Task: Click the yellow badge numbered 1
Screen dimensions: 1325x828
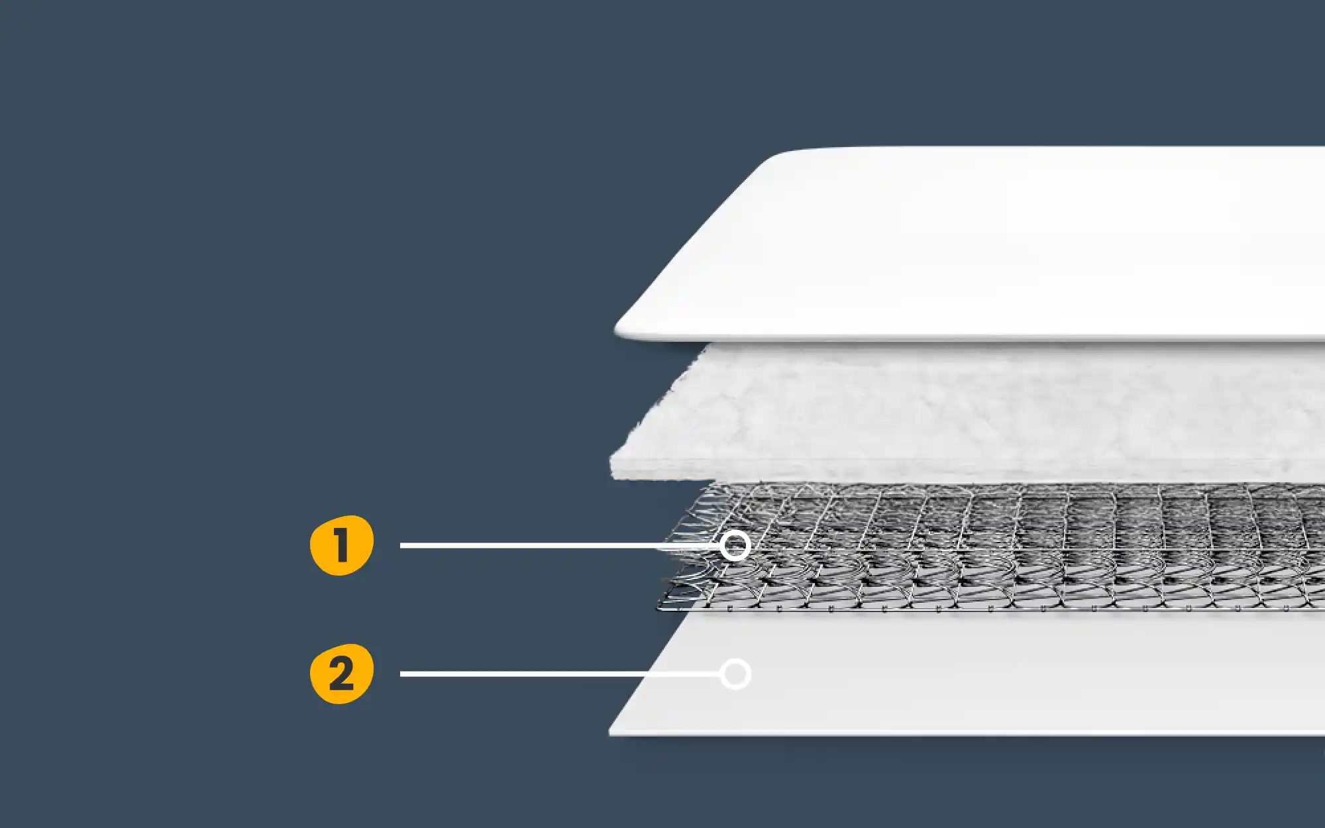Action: click(x=342, y=545)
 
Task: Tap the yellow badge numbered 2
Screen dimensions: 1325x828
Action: click(x=342, y=674)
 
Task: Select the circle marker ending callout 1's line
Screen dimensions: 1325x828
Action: click(x=735, y=546)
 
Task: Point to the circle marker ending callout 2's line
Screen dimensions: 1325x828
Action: click(x=735, y=674)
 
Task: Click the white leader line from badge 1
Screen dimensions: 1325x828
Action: click(x=560, y=546)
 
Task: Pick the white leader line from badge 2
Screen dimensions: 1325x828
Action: click(x=560, y=674)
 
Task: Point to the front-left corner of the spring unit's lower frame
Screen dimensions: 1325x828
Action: click(x=659, y=607)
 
